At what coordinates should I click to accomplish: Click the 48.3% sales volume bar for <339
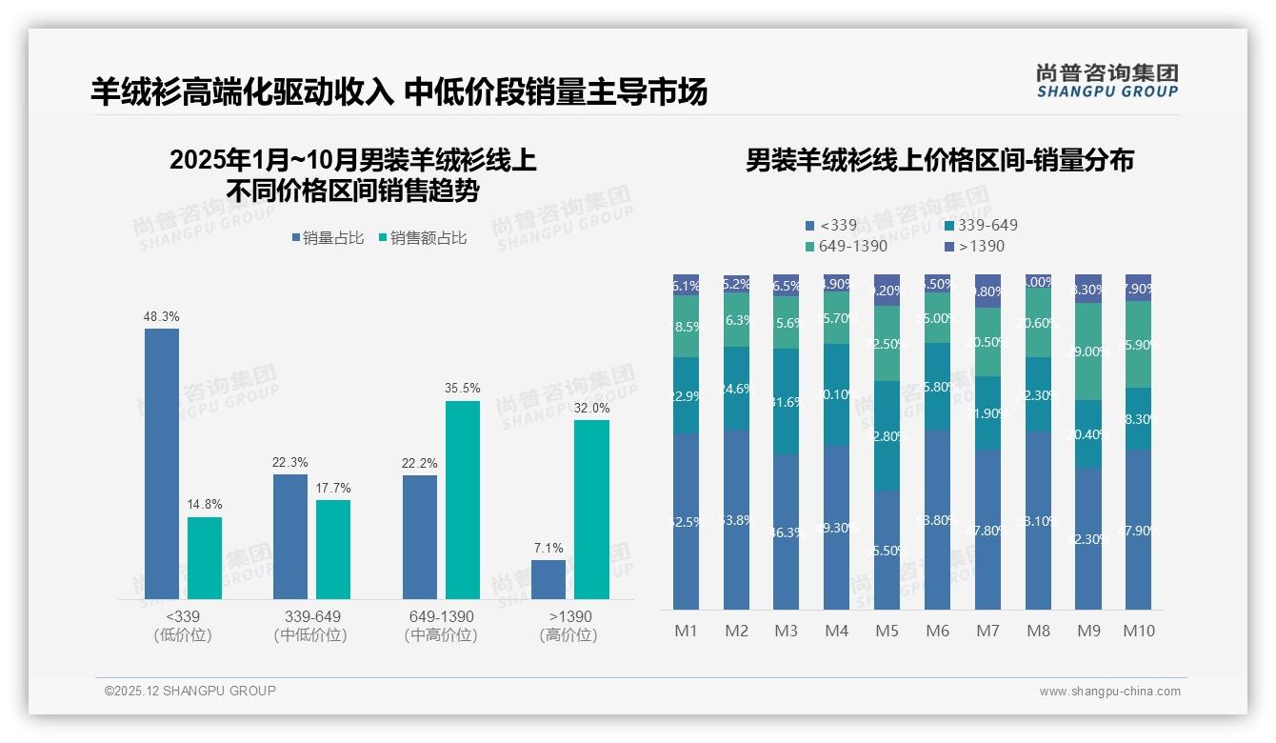click(162, 464)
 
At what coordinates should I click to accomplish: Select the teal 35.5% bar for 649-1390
click(463, 500)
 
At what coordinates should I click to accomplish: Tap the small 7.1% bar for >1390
click(548, 579)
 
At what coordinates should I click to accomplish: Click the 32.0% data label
click(591, 408)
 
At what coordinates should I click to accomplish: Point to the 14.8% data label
click(205, 504)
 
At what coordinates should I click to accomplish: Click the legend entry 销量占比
click(327, 238)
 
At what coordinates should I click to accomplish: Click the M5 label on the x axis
click(887, 631)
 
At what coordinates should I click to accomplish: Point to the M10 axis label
click(1138, 631)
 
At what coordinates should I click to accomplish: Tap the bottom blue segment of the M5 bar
click(887, 550)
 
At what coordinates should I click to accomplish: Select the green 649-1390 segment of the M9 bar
click(1088, 351)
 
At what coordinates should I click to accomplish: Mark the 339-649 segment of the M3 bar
click(787, 401)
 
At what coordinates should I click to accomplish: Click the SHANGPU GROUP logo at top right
click(1107, 81)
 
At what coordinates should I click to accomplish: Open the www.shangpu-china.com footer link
click(1109, 692)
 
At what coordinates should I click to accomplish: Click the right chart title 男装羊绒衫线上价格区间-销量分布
click(939, 160)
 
